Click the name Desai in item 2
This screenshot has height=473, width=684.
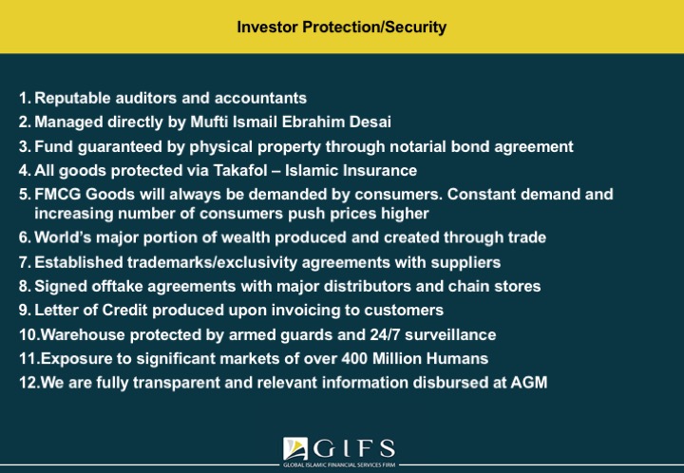(x=370, y=122)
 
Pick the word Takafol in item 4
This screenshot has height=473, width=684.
(x=240, y=170)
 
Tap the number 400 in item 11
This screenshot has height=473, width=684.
(x=354, y=358)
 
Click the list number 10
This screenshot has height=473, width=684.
(x=29, y=335)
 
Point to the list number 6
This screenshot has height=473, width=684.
(x=25, y=237)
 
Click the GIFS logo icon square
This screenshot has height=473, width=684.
(x=295, y=448)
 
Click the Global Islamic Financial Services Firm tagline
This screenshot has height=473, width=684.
(x=339, y=465)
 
